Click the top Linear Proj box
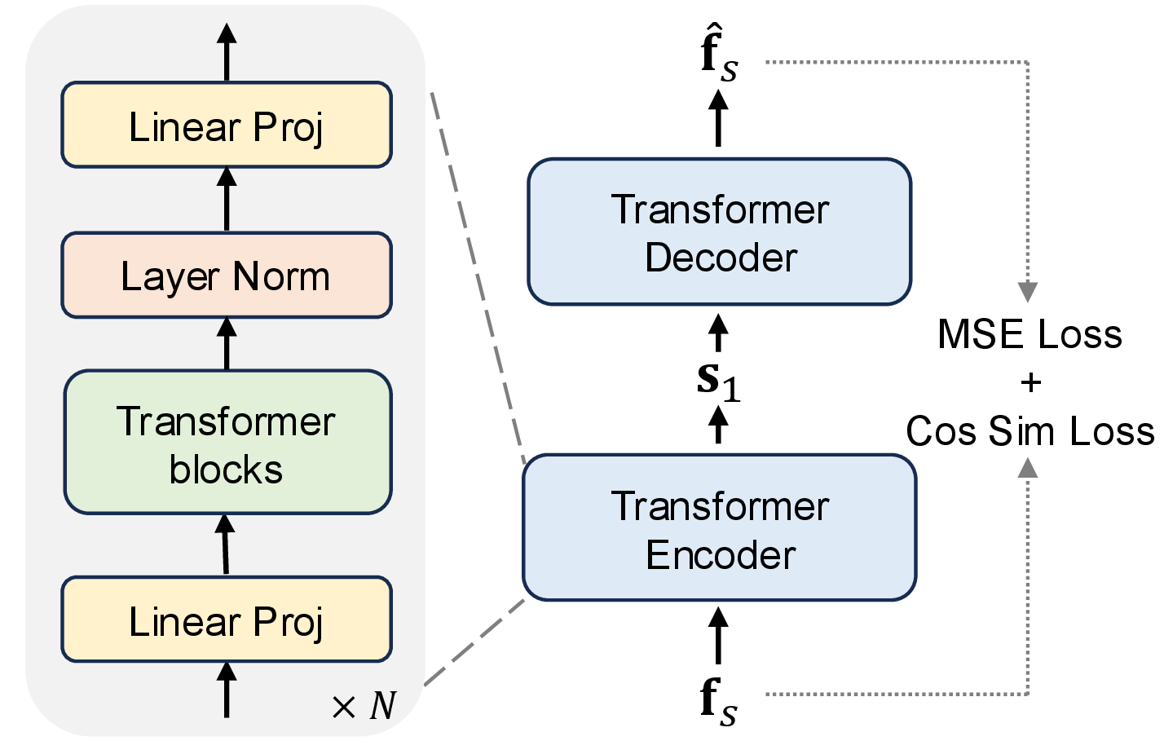point(227,126)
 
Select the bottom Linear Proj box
point(227,620)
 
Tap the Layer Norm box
point(227,276)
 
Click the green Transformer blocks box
point(227,443)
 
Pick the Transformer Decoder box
point(719,232)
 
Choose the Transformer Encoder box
point(719,528)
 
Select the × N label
point(364,706)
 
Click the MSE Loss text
point(1030,334)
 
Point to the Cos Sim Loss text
point(1030,430)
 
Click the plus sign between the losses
point(1030,382)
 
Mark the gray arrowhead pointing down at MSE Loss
point(1028,292)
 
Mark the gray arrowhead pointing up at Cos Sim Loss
point(1028,468)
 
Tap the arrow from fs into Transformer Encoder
point(718,636)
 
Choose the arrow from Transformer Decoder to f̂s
point(718,118)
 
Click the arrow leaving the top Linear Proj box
point(227,51)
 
